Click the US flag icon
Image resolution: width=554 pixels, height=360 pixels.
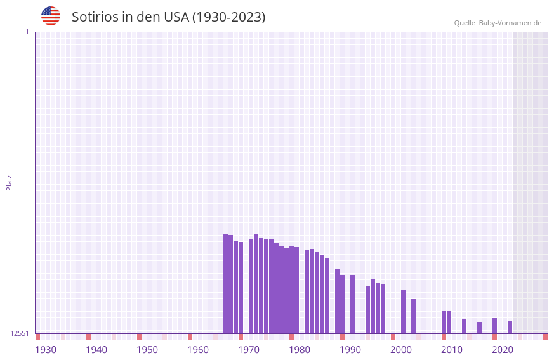[x=51, y=16]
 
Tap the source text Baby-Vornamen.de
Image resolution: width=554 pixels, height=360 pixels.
[x=510, y=23]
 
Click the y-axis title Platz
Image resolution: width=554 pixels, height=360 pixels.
[x=9, y=182]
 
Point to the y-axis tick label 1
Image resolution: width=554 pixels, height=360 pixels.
[x=27, y=32]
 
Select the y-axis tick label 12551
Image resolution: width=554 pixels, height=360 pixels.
[x=20, y=333]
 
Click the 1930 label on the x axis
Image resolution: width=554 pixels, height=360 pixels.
[x=46, y=350]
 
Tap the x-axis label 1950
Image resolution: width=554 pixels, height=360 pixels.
[x=147, y=350]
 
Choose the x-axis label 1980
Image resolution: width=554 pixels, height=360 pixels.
[x=300, y=350]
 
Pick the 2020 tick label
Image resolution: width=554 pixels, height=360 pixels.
[x=503, y=350]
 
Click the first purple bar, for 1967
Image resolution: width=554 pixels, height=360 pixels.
[x=225, y=283]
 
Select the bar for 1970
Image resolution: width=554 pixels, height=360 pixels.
[x=241, y=287]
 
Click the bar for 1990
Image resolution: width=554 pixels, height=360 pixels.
[x=342, y=303]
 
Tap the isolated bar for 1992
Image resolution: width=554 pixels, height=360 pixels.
[x=352, y=303]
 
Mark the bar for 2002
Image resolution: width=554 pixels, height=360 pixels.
[x=403, y=311]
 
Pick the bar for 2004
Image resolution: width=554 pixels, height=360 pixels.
[x=413, y=316]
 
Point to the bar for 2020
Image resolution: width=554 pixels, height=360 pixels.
[x=494, y=325]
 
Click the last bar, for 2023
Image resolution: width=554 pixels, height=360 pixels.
[x=510, y=327]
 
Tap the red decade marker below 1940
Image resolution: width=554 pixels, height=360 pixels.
[x=88, y=337]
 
